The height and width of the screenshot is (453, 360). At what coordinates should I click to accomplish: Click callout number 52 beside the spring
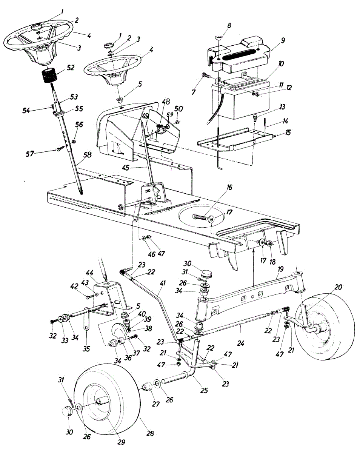(70, 68)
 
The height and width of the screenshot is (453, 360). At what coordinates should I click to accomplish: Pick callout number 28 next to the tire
(150, 434)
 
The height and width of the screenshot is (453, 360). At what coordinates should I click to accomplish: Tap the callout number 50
(179, 109)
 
